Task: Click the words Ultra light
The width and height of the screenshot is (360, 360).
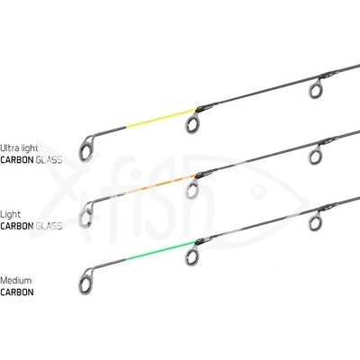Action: (x=19, y=148)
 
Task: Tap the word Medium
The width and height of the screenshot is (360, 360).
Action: (x=16, y=281)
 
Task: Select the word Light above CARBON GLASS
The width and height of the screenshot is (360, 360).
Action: (x=11, y=214)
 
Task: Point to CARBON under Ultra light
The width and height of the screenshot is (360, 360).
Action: (x=17, y=160)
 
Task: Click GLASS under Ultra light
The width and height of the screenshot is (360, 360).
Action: (x=49, y=160)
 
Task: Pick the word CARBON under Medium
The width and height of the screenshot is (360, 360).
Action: (x=17, y=292)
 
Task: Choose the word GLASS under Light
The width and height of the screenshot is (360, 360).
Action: (x=49, y=226)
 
